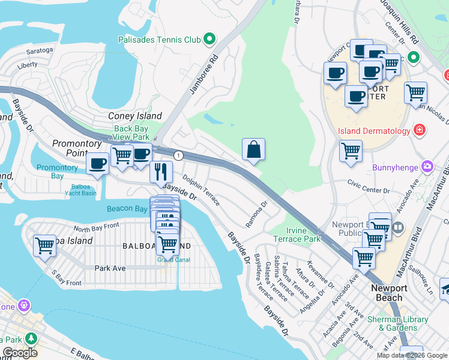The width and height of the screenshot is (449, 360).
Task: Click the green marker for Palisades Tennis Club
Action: (209, 40)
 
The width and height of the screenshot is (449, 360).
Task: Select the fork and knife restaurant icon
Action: (161, 171)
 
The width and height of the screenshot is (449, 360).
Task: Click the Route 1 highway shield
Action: (178, 155)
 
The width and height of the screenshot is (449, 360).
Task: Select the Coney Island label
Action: (134, 116)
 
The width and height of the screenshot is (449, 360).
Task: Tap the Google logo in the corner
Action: (20, 353)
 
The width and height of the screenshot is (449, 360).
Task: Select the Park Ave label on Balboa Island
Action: (110, 268)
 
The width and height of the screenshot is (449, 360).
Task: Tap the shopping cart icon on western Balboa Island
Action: (44, 245)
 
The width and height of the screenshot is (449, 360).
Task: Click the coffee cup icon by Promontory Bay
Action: (97, 163)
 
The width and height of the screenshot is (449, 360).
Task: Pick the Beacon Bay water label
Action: (127, 209)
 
